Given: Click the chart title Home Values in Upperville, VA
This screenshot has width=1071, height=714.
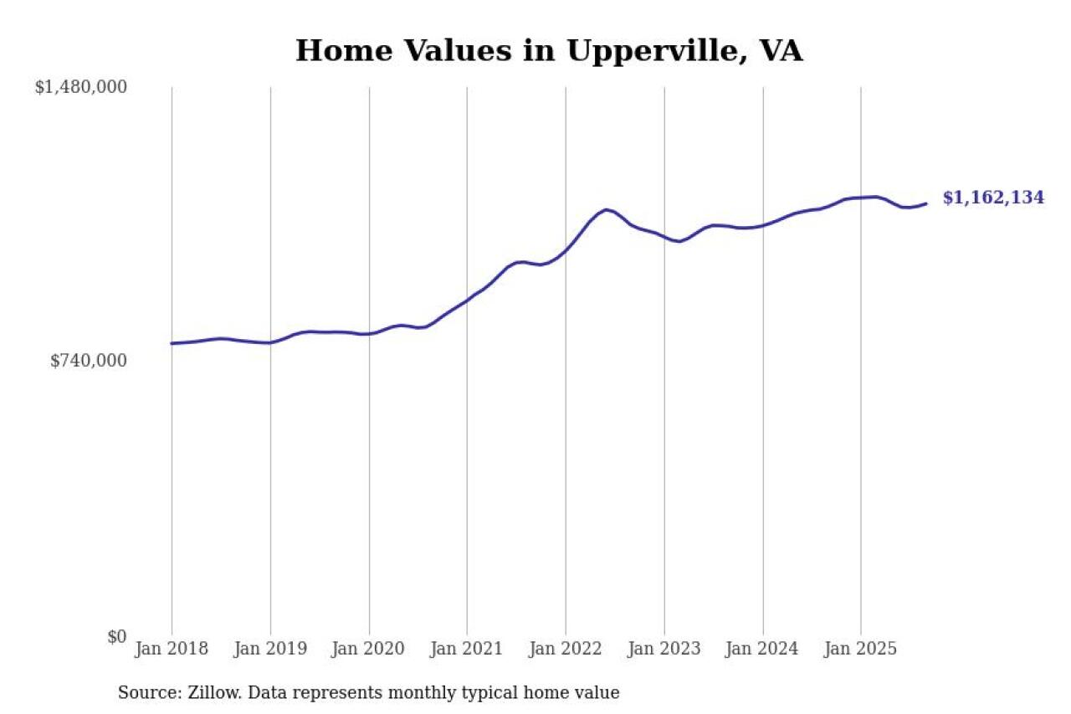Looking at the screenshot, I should coord(549,51).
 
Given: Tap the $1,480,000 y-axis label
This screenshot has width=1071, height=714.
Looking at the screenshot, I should coord(80,87).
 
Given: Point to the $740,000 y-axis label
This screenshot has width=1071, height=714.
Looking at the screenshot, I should coord(89,361).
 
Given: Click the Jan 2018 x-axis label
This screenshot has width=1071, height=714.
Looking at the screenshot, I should coord(172,649).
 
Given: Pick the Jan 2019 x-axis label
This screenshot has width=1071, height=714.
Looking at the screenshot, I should coord(270,649).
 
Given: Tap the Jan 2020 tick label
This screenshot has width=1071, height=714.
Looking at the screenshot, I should coord(369,649).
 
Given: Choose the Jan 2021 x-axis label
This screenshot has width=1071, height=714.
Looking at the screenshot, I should coord(467,649).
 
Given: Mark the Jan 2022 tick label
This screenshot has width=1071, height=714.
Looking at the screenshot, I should coord(566,649).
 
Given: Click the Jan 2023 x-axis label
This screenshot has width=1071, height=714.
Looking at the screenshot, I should coord(664,649).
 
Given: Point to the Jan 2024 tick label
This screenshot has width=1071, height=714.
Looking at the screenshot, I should coord(762,649).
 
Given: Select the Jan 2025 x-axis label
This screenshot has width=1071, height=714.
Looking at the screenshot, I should coord(861,649).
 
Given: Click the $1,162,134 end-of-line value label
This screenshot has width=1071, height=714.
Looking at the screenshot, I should coord(993,198).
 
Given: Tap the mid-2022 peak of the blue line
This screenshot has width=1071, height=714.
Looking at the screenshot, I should coord(606,209).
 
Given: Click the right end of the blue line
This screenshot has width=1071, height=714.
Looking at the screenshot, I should coord(925,203).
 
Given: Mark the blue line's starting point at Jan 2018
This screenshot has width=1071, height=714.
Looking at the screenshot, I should coord(172,343).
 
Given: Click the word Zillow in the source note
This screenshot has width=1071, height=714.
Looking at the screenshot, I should coord(210,693).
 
